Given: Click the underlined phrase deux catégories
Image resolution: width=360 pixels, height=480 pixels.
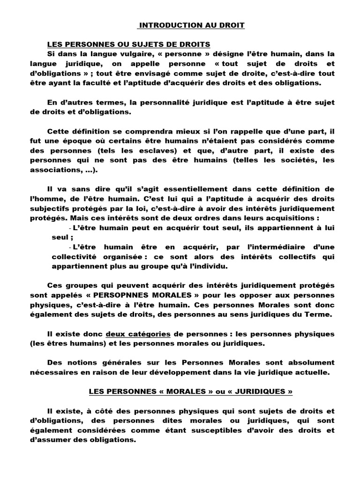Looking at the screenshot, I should coord(138,334).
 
